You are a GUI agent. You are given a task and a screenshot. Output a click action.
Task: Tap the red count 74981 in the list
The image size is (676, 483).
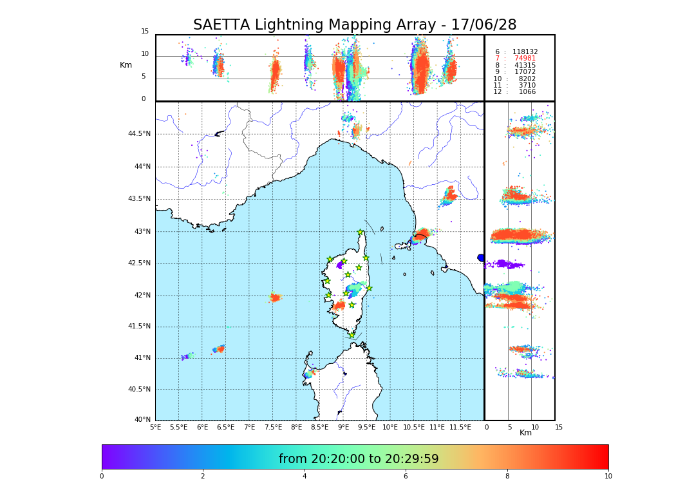[525, 59]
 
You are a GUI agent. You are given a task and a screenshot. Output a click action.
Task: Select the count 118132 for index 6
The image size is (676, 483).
[525, 52]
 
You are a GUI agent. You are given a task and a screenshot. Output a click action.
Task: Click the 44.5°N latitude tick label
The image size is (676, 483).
[138, 134]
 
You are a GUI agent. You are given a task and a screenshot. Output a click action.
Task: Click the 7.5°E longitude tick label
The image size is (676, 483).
[273, 427]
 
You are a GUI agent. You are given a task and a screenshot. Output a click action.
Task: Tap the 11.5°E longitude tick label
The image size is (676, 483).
[460, 427]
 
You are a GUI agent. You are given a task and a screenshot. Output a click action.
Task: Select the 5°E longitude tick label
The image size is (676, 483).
[156, 427]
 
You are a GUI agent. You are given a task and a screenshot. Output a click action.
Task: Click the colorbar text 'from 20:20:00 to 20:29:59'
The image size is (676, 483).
[359, 459]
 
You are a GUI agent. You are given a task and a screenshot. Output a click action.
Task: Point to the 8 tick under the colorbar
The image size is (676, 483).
[507, 477]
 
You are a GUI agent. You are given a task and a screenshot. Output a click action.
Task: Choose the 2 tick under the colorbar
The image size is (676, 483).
[203, 477]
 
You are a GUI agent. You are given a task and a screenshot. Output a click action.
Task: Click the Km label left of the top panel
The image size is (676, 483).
[126, 65]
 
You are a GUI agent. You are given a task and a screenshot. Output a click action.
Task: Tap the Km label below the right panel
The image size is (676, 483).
[525, 433]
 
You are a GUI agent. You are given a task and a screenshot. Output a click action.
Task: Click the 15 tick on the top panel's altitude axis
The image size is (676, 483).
[145, 32]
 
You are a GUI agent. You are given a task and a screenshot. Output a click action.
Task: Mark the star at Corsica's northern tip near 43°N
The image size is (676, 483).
[361, 232]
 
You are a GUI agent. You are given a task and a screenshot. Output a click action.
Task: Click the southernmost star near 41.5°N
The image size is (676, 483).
[352, 335]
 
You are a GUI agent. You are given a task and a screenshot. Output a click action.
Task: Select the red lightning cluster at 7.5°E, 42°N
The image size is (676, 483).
[275, 298]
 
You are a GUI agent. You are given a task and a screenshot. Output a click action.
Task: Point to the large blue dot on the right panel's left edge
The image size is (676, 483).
[481, 258]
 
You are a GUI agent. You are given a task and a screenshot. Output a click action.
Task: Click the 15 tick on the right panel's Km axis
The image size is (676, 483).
[559, 427]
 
